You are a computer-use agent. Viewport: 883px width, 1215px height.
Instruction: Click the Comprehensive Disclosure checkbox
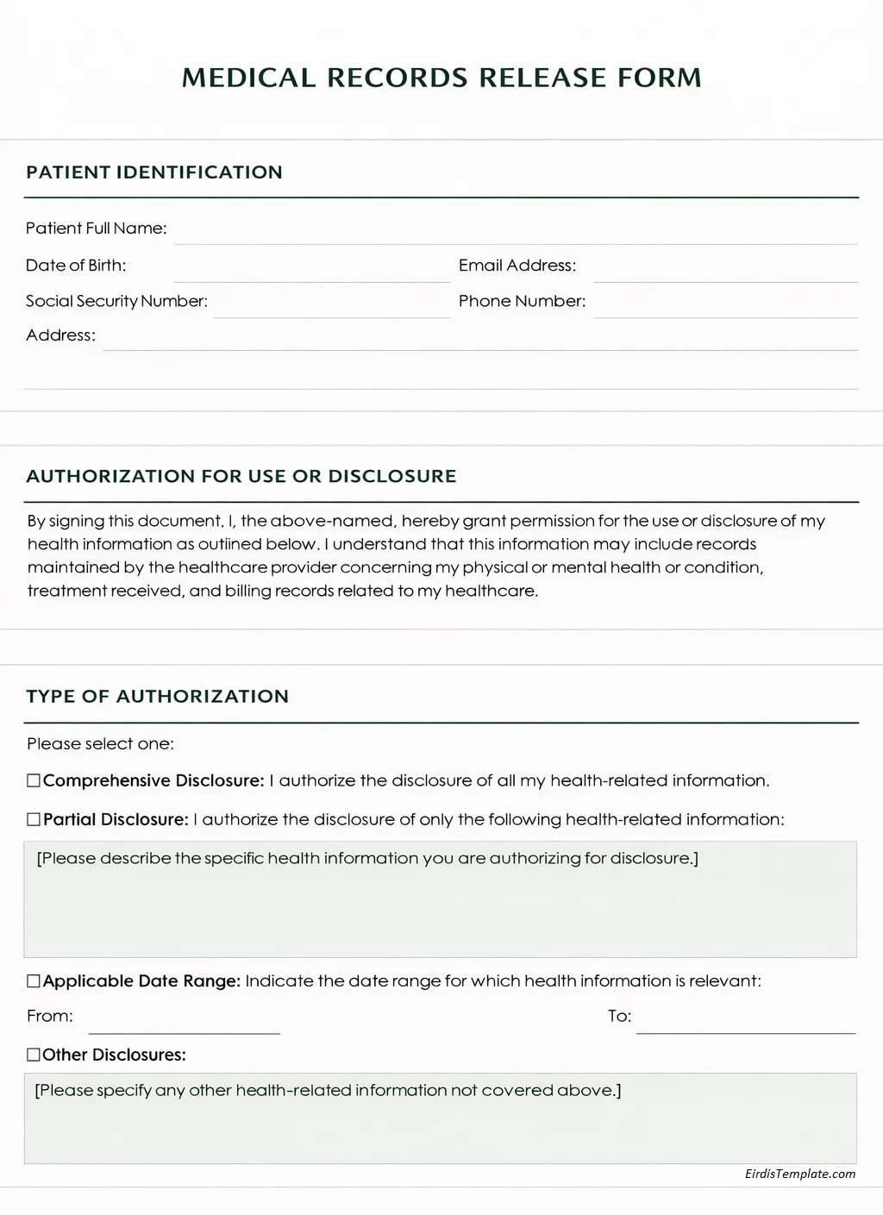point(34,781)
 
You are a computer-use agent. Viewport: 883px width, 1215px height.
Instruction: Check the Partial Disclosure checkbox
point(34,820)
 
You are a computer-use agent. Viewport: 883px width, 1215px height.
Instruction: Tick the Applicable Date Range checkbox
point(34,981)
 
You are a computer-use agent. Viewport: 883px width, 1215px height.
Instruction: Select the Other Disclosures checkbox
point(34,1055)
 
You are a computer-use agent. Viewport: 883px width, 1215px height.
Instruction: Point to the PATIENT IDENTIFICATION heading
point(154,172)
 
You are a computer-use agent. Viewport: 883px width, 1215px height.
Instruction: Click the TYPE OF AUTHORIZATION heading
point(158,697)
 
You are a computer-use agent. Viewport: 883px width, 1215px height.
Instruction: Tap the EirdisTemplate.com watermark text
point(800,1174)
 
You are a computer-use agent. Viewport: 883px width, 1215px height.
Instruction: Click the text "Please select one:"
point(100,744)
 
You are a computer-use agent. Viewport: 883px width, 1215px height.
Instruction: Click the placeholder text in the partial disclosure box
point(367,859)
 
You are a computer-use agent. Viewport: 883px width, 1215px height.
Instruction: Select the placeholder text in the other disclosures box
point(328,1091)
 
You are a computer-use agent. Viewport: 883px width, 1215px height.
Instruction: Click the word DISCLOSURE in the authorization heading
point(392,477)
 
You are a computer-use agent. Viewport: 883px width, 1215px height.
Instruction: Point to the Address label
point(60,335)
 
